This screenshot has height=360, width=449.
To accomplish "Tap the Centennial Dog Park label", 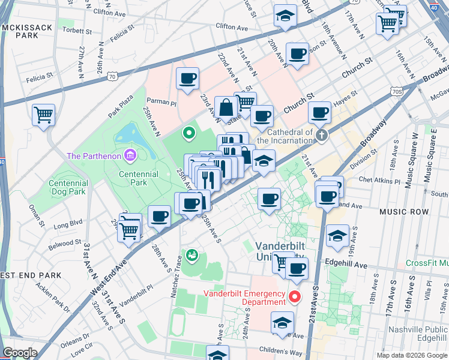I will (x=59, y=188).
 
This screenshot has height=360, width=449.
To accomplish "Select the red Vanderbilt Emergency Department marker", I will (x=295, y=296).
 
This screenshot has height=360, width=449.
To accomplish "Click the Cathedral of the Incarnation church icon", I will (x=322, y=135).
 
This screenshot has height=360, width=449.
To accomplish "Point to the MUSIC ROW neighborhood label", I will (x=404, y=212).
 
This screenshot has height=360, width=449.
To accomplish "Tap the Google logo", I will (x=20, y=353).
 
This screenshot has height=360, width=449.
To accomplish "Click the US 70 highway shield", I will (x=112, y=76).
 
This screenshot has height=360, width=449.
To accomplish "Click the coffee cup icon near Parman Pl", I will (x=188, y=78).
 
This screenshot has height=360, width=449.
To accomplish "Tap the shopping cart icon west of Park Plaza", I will (x=43, y=114).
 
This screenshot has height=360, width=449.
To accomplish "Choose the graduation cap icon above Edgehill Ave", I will (x=338, y=235).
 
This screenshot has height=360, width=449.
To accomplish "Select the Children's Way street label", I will (x=279, y=349).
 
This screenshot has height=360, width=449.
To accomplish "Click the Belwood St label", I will (x=65, y=244).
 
